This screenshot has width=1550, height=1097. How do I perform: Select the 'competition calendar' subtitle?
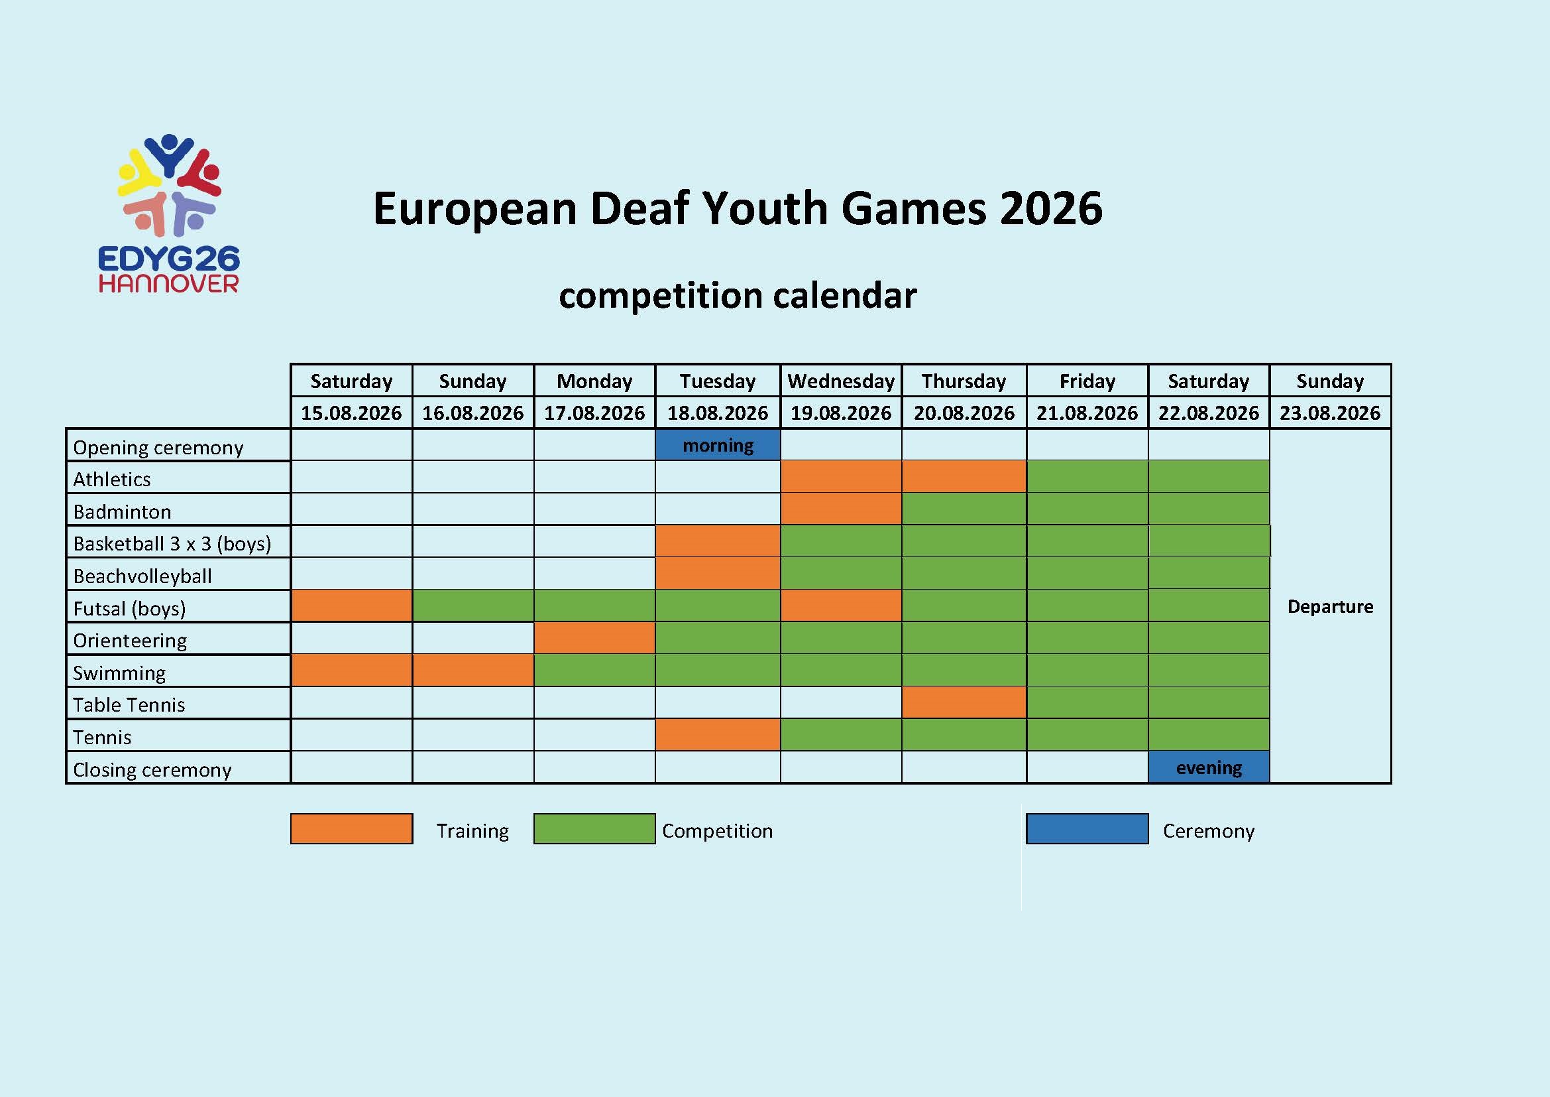[738, 296]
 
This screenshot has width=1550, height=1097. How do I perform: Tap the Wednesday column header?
[840, 381]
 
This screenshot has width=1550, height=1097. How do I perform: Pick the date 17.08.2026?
[594, 413]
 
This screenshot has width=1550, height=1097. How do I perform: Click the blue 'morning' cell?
[718, 445]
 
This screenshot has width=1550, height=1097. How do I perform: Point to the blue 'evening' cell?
[1209, 767]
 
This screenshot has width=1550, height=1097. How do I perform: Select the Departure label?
[1330, 607]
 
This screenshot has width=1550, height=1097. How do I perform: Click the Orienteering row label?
[131, 641]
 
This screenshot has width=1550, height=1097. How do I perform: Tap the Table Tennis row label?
[129, 704]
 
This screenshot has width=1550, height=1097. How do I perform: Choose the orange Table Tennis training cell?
[964, 702]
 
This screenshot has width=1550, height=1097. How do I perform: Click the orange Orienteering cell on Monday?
[594, 638]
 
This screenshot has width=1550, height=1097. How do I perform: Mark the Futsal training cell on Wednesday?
[840, 606]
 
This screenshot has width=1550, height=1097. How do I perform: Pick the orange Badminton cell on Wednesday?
[840, 509]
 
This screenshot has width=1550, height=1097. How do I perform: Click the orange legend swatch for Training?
[351, 829]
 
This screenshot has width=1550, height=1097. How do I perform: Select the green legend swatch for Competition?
[594, 829]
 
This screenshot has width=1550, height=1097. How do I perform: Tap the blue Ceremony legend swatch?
[1087, 829]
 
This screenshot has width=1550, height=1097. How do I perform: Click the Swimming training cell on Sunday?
[472, 671]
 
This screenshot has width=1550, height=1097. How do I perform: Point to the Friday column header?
[1087, 381]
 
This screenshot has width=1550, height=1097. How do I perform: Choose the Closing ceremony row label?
[152, 769]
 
